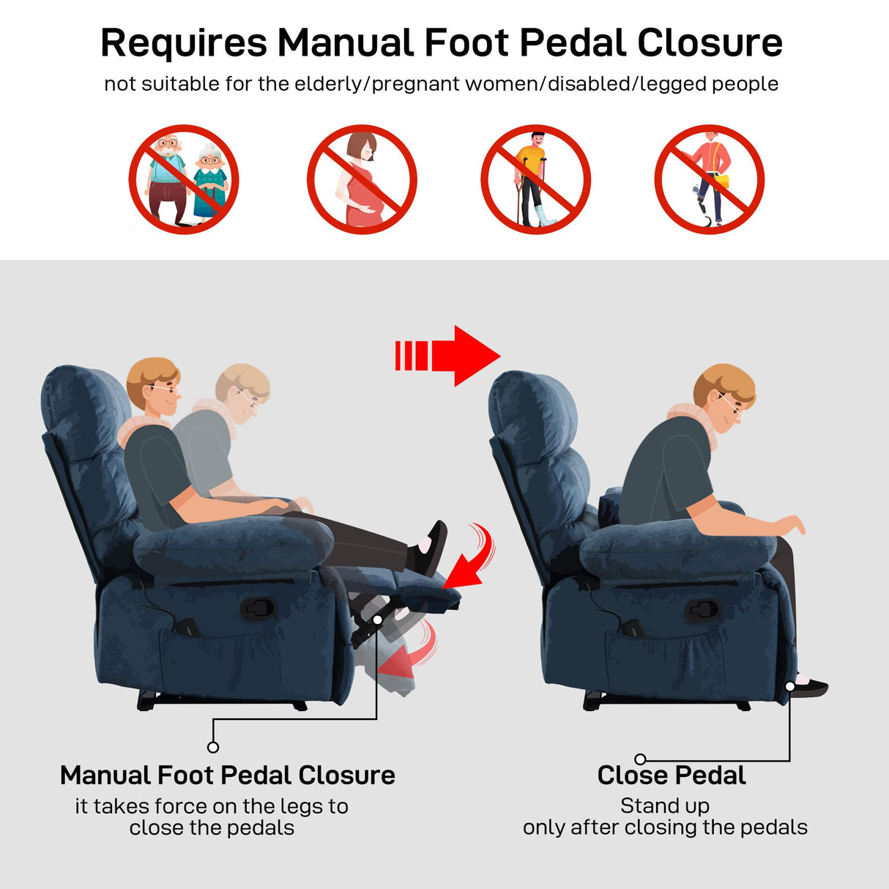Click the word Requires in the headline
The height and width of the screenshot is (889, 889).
click(184, 43)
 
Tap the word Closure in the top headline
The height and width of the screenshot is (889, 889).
click(710, 43)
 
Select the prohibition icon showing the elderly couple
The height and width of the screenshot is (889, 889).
click(184, 179)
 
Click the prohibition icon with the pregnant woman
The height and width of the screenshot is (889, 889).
click(362, 179)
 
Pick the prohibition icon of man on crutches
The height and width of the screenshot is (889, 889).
click(535, 179)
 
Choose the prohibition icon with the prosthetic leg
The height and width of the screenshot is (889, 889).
click(709, 179)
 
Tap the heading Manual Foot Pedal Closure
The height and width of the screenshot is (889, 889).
click(227, 775)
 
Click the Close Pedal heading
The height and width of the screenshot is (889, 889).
click(672, 775)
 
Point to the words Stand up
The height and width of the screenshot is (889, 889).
click(665, 806)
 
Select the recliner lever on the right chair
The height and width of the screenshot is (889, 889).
click(704, 609)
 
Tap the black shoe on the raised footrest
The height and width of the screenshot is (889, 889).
click(429, 548)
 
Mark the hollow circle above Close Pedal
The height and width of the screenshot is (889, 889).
click(640, 759)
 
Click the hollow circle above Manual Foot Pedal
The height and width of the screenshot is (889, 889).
click(213, 747)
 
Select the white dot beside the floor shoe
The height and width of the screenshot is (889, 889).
click(790, 686)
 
